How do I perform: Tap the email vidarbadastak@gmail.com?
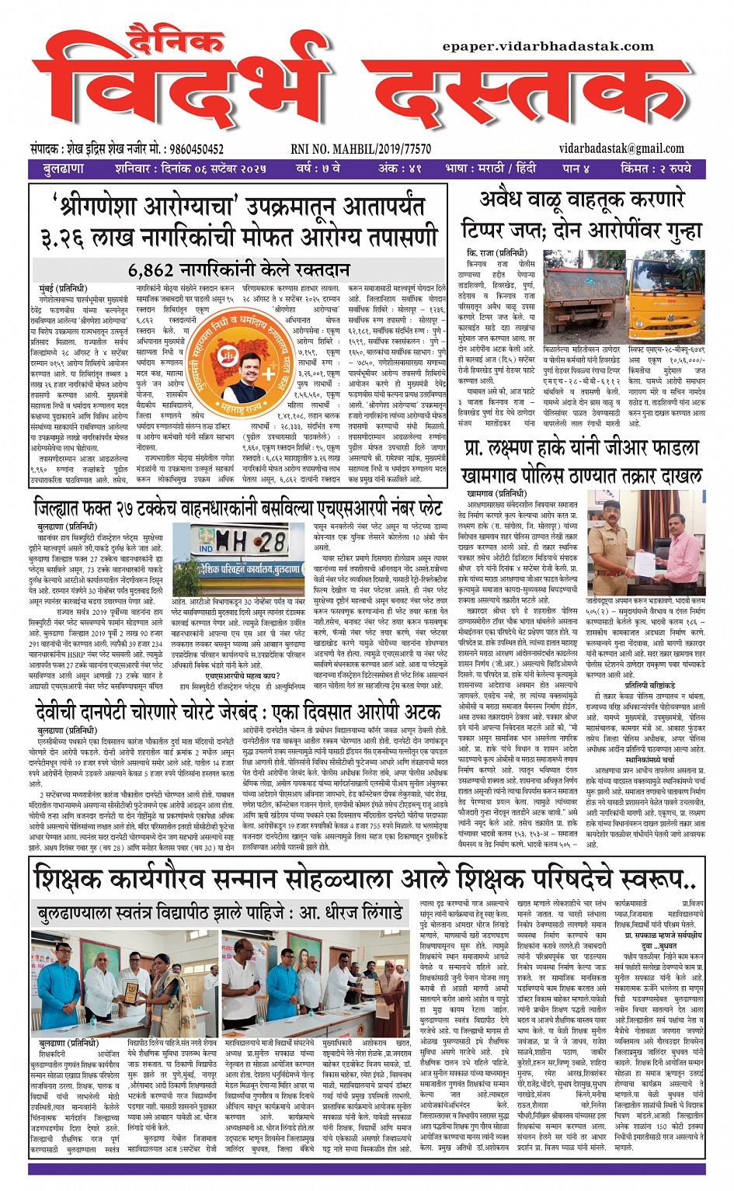coord(621,148)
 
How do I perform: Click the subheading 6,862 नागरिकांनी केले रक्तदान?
coord(238,270)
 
